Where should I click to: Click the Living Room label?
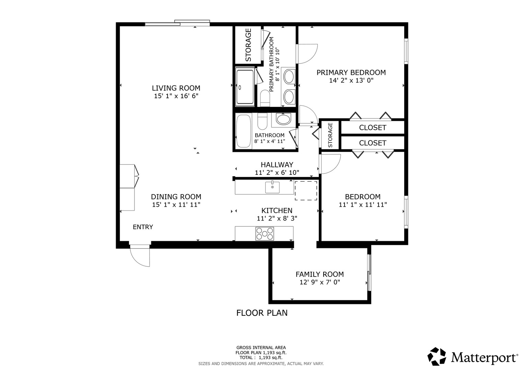176,88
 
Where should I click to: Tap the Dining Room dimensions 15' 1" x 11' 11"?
176,205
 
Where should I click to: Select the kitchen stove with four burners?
265,234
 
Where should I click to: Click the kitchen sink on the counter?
272,188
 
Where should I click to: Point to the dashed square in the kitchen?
306,191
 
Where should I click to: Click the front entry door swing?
140,256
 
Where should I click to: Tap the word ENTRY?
143,227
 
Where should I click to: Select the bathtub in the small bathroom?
244,131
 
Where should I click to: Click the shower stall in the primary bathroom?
245,87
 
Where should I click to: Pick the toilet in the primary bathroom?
265,99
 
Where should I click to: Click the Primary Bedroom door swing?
307,54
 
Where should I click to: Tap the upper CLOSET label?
372,127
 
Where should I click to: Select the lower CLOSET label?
372,143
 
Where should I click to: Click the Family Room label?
319,274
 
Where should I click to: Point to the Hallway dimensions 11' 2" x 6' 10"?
277,172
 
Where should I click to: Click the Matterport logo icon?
436,356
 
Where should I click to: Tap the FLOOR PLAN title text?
262,313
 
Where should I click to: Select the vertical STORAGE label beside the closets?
330,135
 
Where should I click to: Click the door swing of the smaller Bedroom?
330,164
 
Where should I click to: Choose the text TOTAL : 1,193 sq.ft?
261,358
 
